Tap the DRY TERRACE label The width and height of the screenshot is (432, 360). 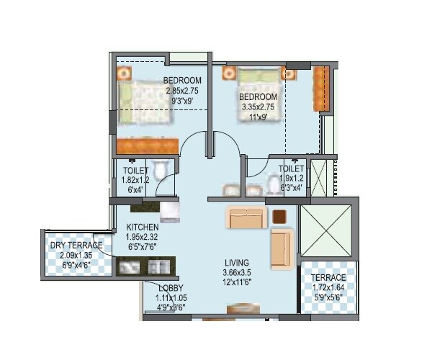76,246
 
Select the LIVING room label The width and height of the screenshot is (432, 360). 237,262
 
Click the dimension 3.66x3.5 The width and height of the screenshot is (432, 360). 237,273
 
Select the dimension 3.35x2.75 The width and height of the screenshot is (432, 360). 258,107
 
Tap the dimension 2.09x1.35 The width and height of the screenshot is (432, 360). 76,256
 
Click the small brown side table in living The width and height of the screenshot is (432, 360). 279,215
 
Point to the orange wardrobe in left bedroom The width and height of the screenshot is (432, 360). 147,145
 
